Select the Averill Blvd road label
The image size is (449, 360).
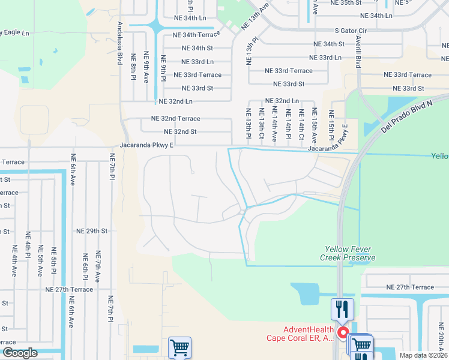(x=358, y=52)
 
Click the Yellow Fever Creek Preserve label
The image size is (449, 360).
(x=350, y=253)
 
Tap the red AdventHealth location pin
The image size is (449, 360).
(x=343, y=332)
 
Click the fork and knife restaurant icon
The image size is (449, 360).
(x=342, y=309)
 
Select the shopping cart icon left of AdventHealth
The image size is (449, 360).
(x=179, y=346)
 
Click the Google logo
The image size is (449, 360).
(x=20, y=353)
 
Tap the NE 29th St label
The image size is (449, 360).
(x=92, y=230)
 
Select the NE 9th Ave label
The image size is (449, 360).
(x=146, y=67)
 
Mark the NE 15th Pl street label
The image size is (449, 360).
(x=331, y=122)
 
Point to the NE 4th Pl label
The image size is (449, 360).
(x=28, y=245)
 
